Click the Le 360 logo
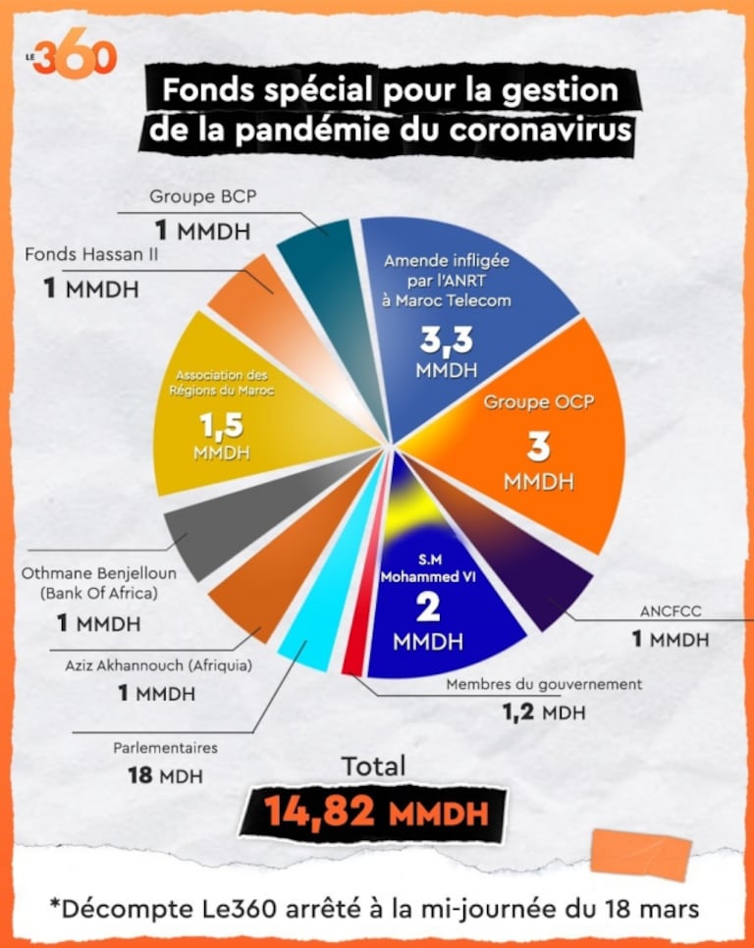pyautogui.click(x=73, y=57)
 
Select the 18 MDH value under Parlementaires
pyautogui.click(x=165, y=775)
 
